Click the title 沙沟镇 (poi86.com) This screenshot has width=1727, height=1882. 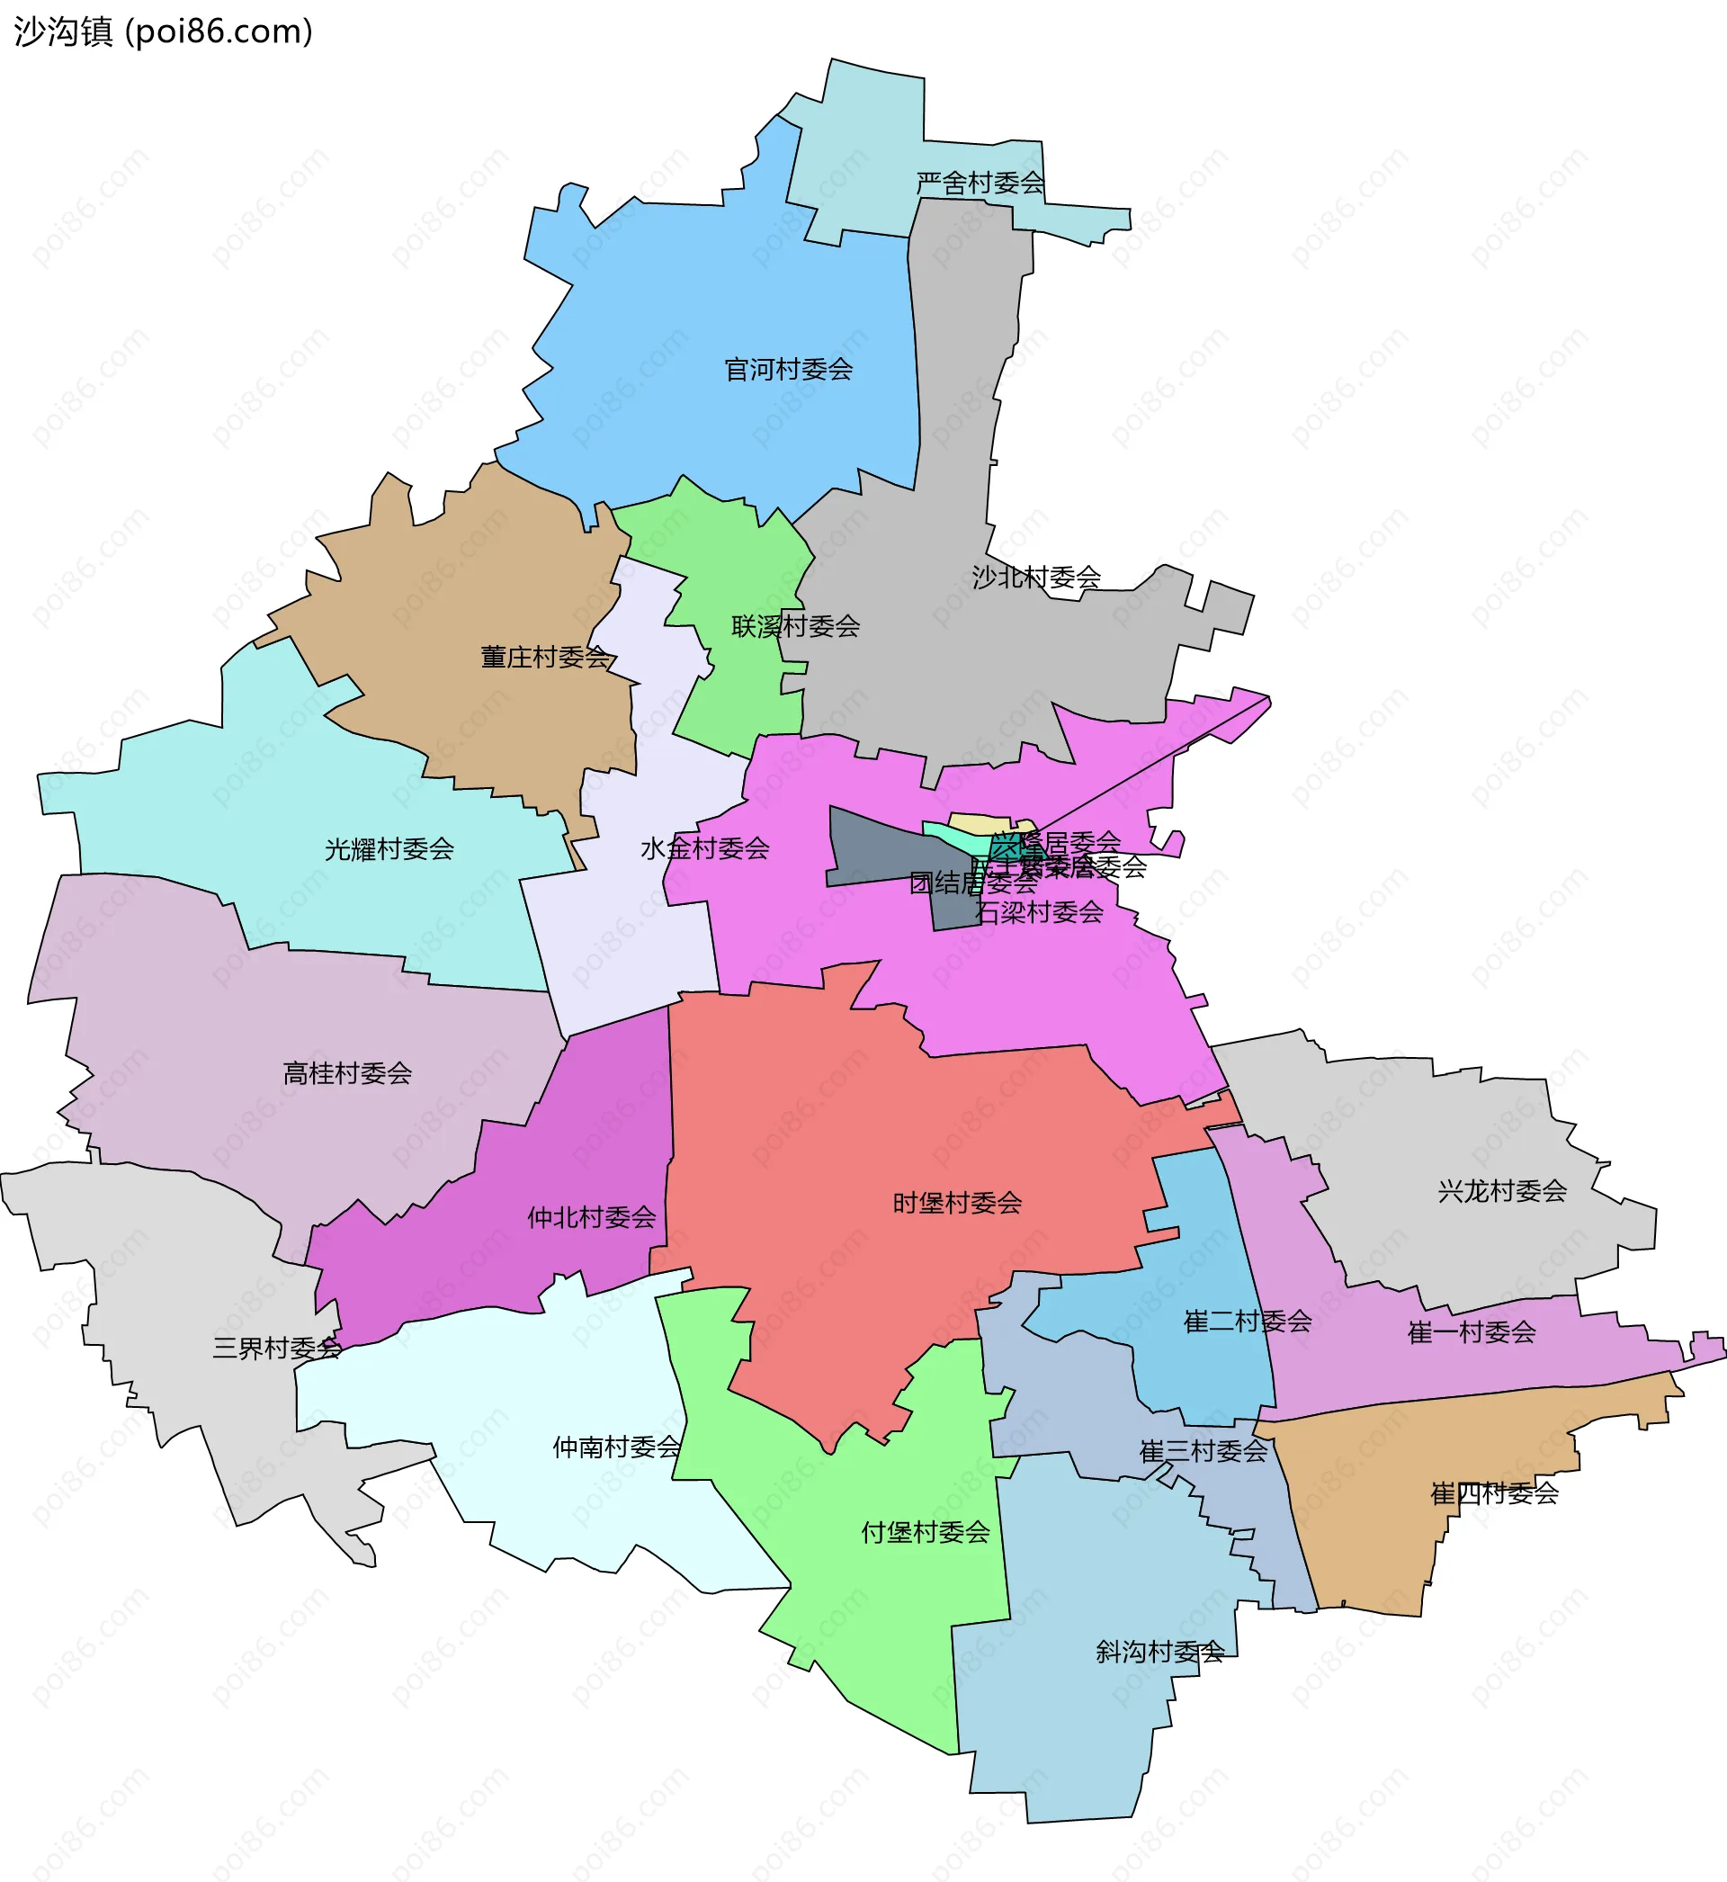[164, 31]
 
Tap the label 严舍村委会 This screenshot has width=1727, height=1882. [980, 184]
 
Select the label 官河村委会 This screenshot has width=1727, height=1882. [789, 370]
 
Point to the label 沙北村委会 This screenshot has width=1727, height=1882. [1036, 578]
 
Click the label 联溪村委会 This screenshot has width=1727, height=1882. [795, 626]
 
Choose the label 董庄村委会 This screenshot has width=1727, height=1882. [545, 657]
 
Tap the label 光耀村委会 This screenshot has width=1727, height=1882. [389, 848]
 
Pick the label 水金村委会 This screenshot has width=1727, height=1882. [704, 848]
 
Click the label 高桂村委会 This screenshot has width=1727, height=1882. [347, 1072]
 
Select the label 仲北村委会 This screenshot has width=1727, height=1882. [592, 1216]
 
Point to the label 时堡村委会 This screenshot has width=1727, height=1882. [957, 1203]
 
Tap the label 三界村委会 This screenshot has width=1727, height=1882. [277, 1348]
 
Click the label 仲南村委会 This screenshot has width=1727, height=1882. [617, 1447]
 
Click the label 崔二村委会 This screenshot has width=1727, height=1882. [1248, 1322]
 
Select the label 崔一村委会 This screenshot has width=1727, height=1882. [1472, 1332]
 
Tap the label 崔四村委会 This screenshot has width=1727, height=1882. [1494, 1493]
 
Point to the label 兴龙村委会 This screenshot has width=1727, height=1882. [1502, 1190]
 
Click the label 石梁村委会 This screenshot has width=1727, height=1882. [1039, 912]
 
